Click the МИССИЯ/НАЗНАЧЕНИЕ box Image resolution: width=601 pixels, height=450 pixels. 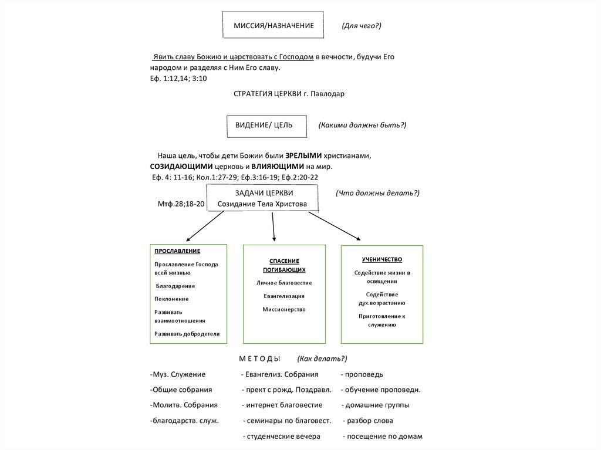(273, 26)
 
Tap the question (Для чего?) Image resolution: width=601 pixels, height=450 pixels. (362, 26)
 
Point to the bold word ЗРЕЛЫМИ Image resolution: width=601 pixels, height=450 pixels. (303, 156)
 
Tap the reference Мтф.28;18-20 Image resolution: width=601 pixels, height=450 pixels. (181, 204)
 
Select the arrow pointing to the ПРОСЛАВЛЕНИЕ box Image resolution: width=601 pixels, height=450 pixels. (205, 226)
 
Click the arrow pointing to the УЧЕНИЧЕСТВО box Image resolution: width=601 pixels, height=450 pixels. (334, 225)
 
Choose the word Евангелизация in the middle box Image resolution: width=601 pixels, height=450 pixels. (284, 296)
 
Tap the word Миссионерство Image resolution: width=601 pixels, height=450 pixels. (284, 309)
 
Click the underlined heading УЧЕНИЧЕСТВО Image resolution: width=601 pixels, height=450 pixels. (382, 259)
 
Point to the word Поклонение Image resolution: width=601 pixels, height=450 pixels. (172, 299)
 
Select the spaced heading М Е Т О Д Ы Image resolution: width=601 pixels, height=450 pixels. (259, 358)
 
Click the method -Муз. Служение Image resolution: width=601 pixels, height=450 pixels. (178, 374)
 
